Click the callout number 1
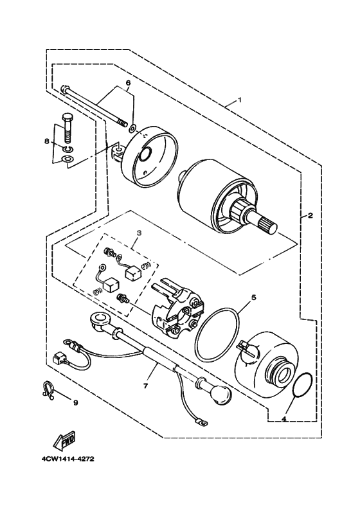239,100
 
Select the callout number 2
310,215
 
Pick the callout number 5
253,298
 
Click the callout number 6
127,84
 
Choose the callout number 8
46,141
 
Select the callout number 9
75,403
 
